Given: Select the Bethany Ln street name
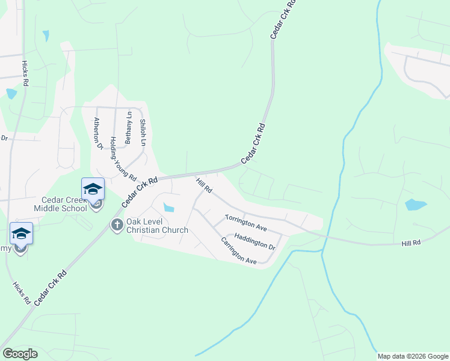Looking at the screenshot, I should click(x=128, y=127).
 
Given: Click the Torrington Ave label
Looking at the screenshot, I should click(x=245, y=223).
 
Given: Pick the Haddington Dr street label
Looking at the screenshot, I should click(x=254, y=242).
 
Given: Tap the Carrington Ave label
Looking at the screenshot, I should click(x=239, y=251).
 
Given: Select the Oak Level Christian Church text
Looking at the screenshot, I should click(x=157, y=226).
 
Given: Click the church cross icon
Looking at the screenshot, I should click(x=117, y=225).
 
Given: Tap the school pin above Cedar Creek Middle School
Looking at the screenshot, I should click(x=93, y=189).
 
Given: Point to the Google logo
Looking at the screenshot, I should click(x=20, y=354).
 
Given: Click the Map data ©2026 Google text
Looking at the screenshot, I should click(x=412, y=356).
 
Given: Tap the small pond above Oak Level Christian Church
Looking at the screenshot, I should click(x=169, y=208).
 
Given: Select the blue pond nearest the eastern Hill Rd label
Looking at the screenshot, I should click(x=416, y=205).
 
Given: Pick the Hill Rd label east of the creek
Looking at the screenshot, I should click(x=411, y=242).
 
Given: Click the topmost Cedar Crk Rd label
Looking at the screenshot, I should click(x=283, y=20).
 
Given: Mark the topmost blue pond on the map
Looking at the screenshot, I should click(x=46, y=35).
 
